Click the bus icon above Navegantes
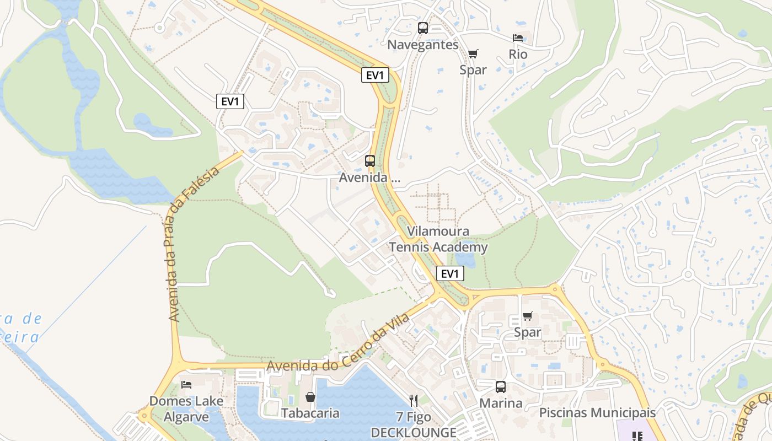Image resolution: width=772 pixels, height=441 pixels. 423,28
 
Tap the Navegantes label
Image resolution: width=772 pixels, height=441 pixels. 423,45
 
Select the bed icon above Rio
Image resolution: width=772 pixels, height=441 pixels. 518,38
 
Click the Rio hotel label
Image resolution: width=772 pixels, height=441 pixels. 518,55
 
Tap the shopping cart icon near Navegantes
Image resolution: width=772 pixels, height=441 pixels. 473,53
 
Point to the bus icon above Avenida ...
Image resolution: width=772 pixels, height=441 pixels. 370,161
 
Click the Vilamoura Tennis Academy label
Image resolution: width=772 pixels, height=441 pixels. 438,239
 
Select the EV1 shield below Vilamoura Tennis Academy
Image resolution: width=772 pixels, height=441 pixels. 450,273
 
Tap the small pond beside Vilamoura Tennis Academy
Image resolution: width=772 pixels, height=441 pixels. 465,257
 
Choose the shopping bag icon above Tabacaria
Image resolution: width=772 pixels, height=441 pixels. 310,397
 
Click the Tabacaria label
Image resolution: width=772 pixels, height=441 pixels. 310,413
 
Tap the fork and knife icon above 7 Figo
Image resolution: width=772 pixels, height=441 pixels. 414,401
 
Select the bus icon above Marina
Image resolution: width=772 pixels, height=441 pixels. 501,387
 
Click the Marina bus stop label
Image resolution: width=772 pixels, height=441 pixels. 501,403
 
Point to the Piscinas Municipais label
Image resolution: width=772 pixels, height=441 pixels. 597,412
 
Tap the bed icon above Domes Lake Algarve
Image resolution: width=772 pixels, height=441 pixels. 186,384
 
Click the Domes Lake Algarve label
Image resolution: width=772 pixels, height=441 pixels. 186,408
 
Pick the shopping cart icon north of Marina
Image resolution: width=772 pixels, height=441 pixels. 528,316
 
